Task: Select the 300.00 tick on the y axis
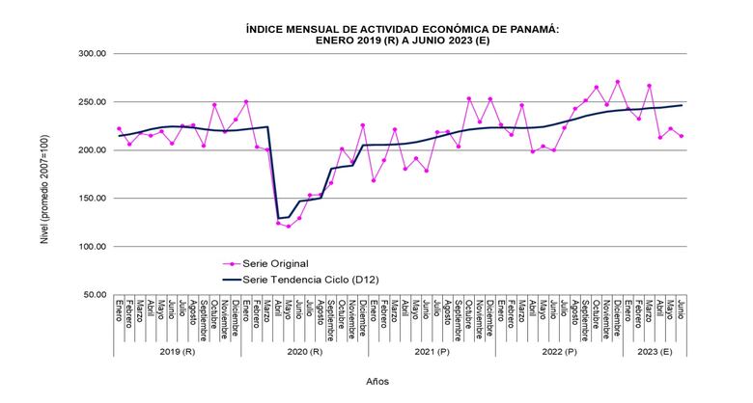click(x=92, y=54)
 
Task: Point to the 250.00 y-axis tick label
click(x=92, y=102)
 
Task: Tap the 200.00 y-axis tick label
click(x=92, y=150)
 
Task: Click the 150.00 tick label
click(x=92, y=199)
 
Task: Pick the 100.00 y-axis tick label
click(x=92, y=247)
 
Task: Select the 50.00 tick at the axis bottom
click(x=94, y=295)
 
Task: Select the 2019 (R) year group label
click(x=178, y=351)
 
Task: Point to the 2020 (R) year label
click(x=305, y=351)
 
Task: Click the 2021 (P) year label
click(x=432, y=351)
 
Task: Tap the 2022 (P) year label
click(x=559, y=351)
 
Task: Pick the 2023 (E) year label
click(x=655, y=351)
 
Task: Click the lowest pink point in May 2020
click(x=289, y=227)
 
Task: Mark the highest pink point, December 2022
click(x=618, y=82)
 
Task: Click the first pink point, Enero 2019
click(x=119, y=128)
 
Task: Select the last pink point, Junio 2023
click(x=682, y=136)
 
